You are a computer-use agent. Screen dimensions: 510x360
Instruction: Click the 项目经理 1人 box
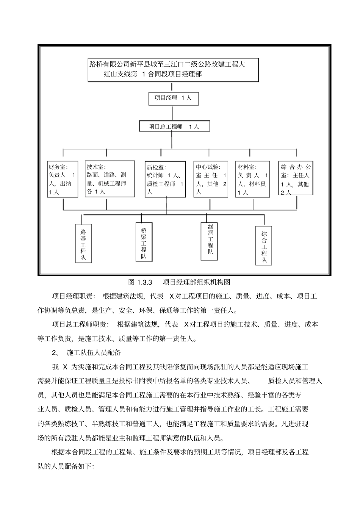click(173, 98)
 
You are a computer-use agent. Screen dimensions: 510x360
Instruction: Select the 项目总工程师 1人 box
click(174, 127)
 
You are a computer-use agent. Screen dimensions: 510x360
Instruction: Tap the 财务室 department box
click(62, 179)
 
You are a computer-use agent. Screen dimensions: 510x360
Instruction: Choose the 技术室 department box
click(110, 179)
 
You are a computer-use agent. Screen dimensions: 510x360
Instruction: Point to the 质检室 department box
click(166, 179)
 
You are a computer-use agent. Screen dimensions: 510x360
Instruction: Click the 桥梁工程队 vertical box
click(144, 242)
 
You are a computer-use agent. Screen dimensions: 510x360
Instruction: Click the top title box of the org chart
click(173, 69)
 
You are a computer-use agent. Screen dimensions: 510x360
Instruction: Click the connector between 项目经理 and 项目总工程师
click(173, 113)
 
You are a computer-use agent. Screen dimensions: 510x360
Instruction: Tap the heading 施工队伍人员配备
click(94, 353)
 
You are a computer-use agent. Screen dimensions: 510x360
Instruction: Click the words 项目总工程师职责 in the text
click(80, 325)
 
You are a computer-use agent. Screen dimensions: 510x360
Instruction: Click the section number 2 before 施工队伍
click(54, 353)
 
